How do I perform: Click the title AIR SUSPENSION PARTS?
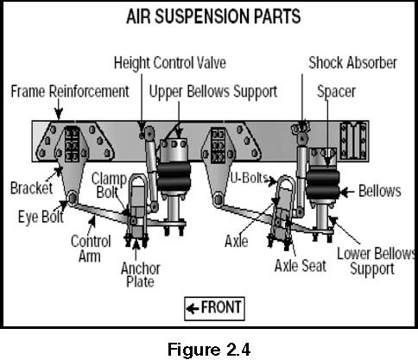click(213, 16)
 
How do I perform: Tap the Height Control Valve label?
click(170, 63)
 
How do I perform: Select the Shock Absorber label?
click(352, 63)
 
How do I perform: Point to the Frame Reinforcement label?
click(70, 92)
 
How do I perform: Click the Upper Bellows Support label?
click(213, 92)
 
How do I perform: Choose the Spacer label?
click(336, 92)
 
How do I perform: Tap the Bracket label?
click(31, 188)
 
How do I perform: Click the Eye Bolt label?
click(41, 217)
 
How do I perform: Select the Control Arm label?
click(91, 249)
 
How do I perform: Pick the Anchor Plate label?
click(141, 275)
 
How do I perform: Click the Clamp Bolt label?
click(109, 186)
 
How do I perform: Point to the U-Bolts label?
click(250, 178)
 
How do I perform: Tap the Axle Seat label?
click(301, 266)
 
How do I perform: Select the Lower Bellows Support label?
click(376, 262)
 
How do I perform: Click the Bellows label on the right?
click(380, 191)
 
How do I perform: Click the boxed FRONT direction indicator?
click(214, 308)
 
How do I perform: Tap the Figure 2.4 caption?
click(209, 350)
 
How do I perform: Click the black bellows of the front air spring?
click(174, 175)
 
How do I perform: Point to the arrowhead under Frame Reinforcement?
click(59, 114)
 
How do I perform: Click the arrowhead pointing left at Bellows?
click(344, 192)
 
